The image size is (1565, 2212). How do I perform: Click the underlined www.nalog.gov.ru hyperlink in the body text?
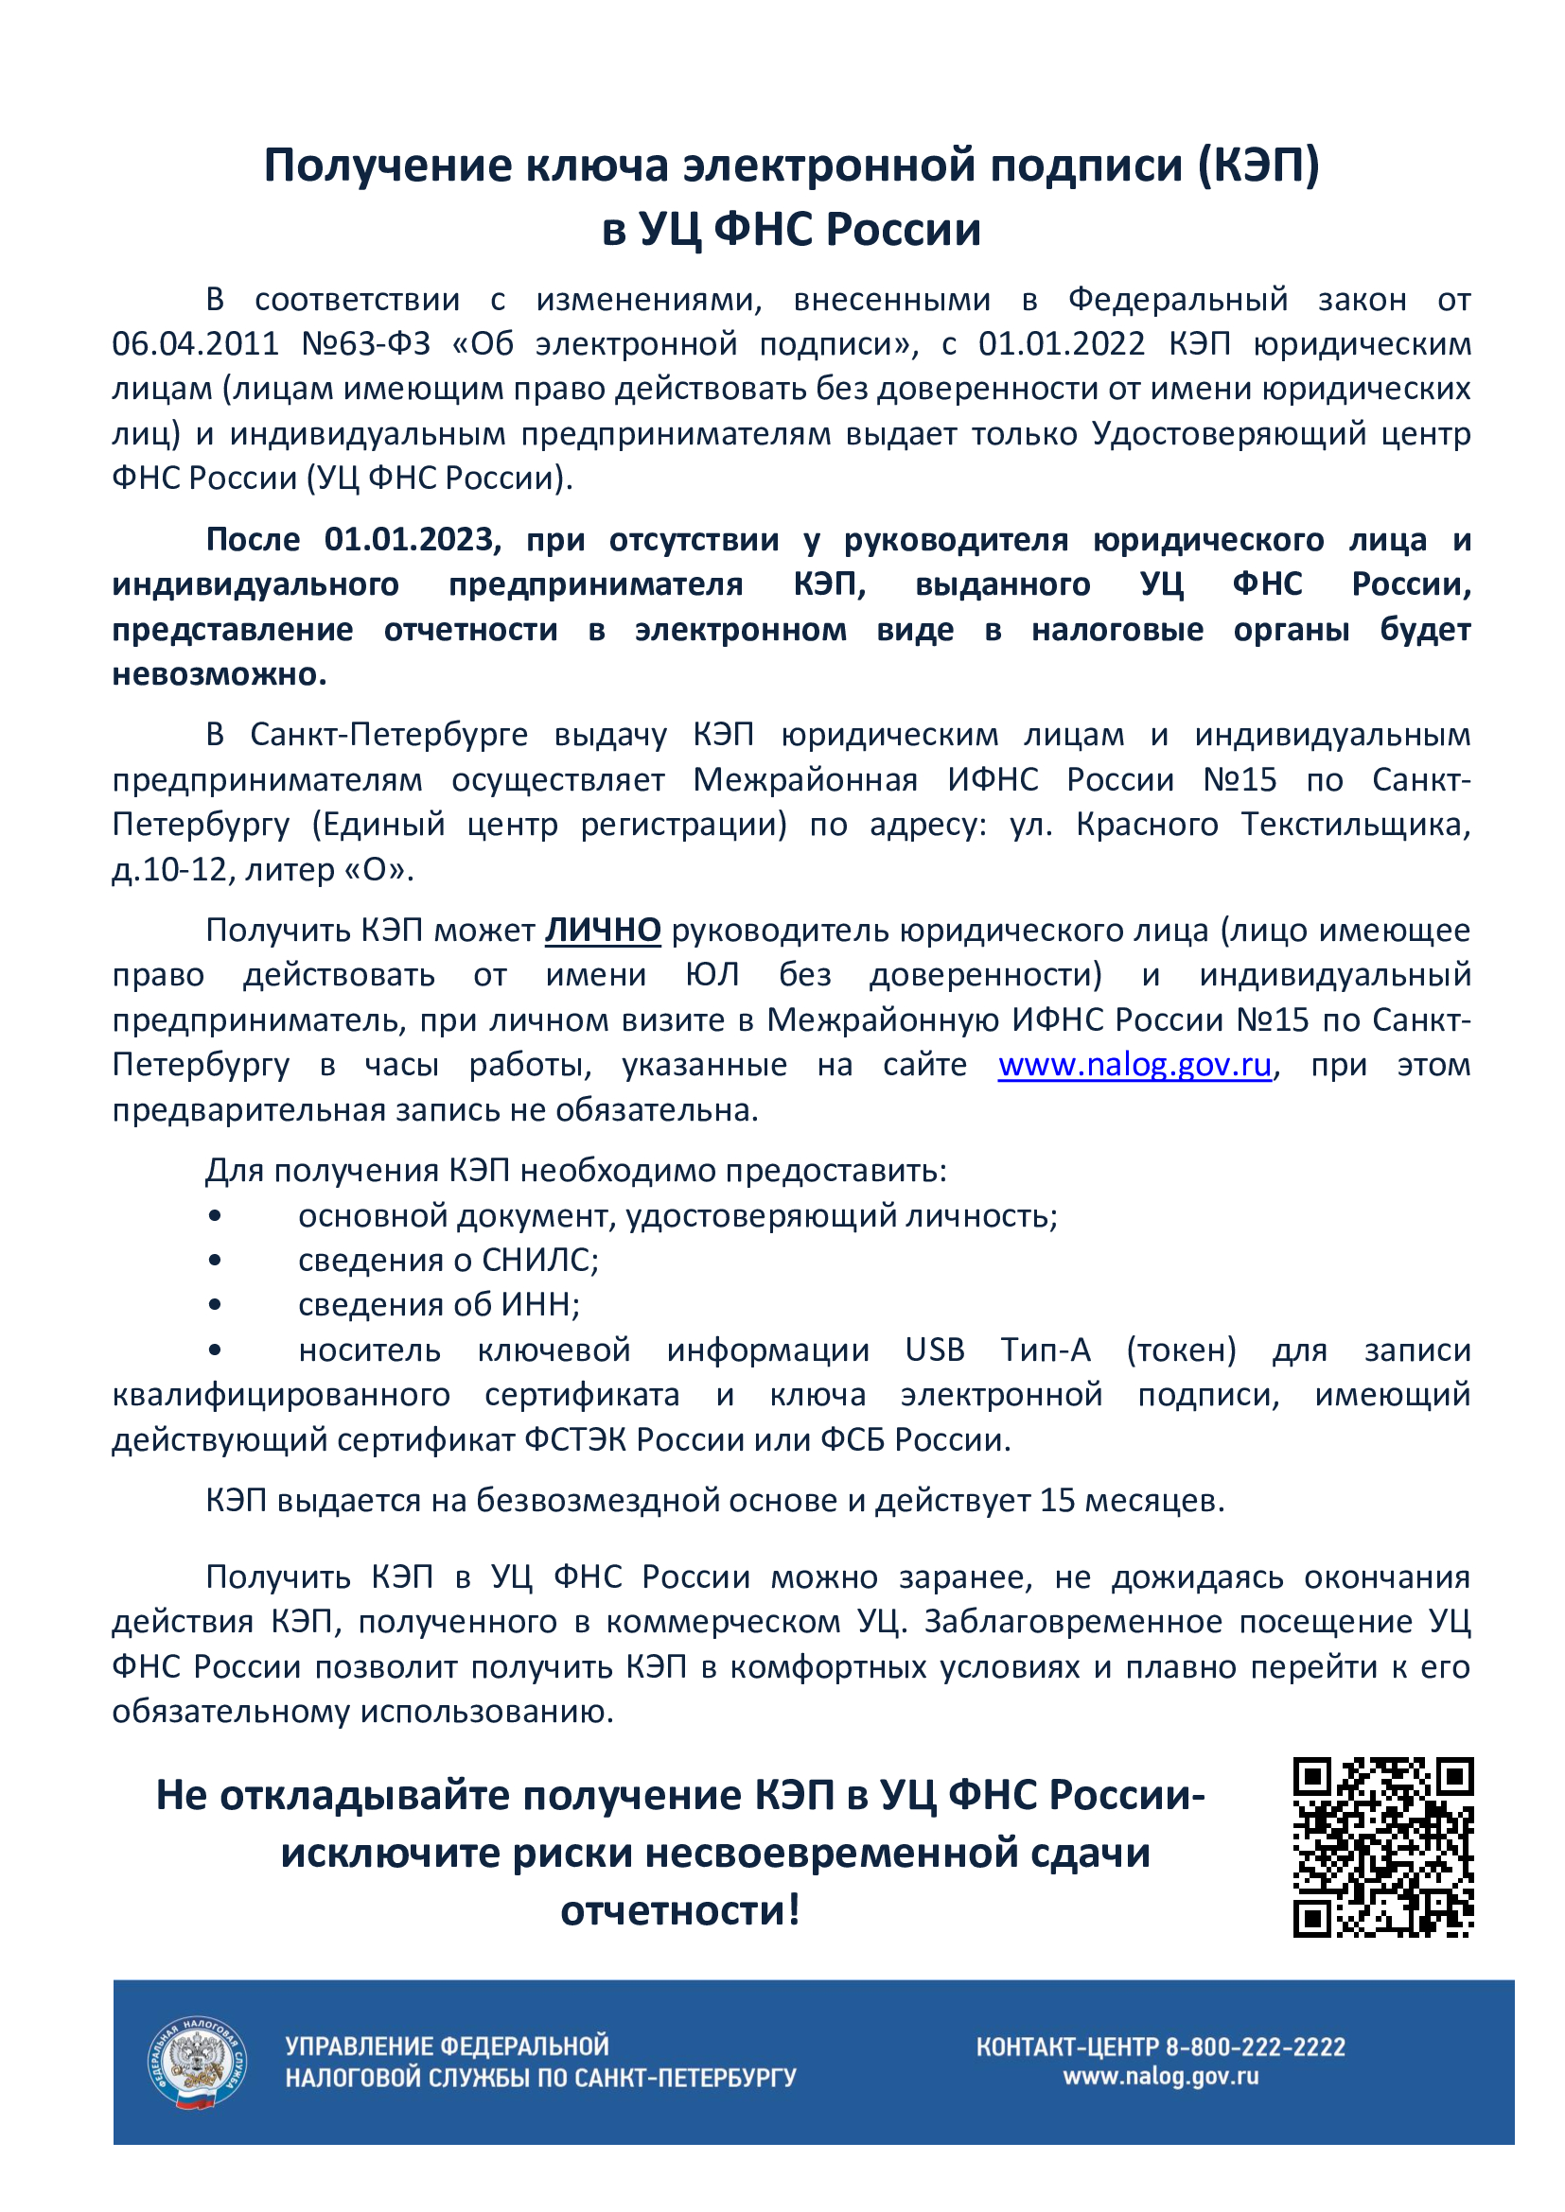[1134, 1066]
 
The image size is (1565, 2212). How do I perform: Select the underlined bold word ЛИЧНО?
[603, 931]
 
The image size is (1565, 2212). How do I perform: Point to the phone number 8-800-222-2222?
[1255, 2047]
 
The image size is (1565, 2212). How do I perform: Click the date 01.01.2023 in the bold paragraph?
[412, 539]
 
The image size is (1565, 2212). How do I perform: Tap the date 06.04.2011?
[195, 344]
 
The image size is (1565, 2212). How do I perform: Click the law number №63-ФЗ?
[365, 344]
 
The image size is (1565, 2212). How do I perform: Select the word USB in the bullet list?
[934, 1350]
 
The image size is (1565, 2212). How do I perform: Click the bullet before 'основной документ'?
[215, 1217]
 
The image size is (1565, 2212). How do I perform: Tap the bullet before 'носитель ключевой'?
[215, 1350]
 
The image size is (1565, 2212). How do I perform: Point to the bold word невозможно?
[219, 673]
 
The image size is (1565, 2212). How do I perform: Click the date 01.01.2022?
[1061, 344]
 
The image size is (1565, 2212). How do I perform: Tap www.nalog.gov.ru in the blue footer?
[1160, 2076]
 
